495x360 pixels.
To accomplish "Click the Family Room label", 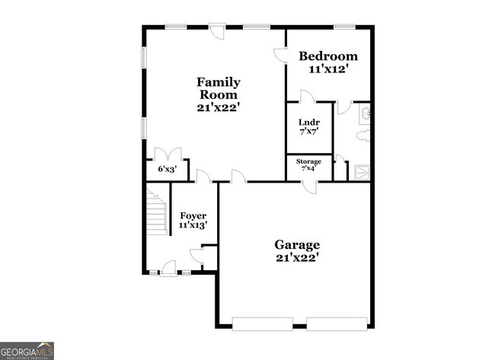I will [x=219, y=94].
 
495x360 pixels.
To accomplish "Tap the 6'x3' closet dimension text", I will [x=167, y=169].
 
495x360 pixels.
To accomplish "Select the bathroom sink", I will [x=366, y=114].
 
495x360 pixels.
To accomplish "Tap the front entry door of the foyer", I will [x=168, y=268].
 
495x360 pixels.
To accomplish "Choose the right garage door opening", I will [x=337, y=323].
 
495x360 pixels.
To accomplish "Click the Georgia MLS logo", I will [x=27, y=350].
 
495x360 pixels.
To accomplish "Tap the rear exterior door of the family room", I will [x=217, y=31].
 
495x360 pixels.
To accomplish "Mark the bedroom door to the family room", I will [x=280, y=55].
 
